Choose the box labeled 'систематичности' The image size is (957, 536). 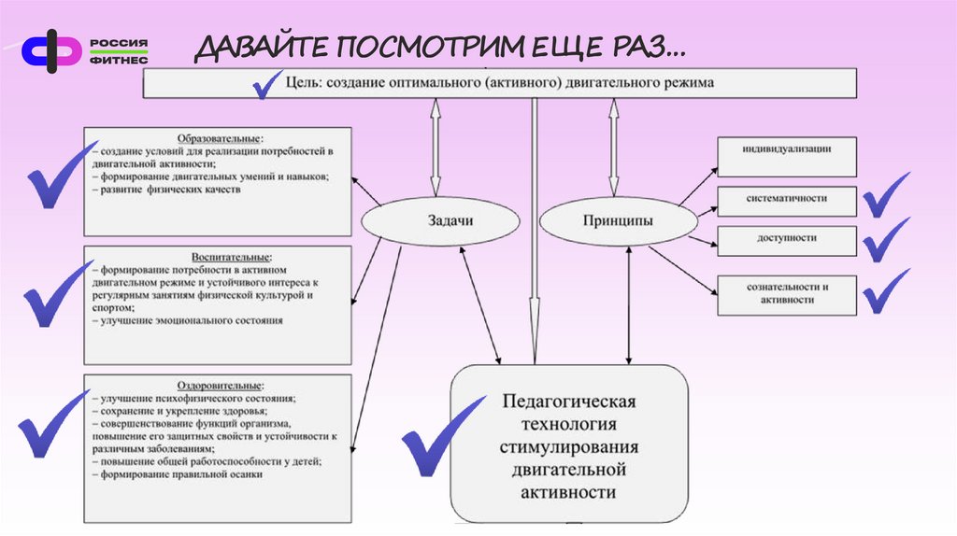coord(786,200)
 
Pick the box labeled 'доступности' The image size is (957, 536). coord(786,239)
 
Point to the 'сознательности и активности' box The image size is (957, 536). coord(786,293)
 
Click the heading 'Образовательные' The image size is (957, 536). coord(217,136)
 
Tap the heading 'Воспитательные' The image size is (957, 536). coord(217,255)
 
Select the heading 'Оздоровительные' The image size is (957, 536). coord(217,385)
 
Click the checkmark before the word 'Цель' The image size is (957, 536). coord(269,85)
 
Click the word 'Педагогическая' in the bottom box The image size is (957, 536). coord(568,402)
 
